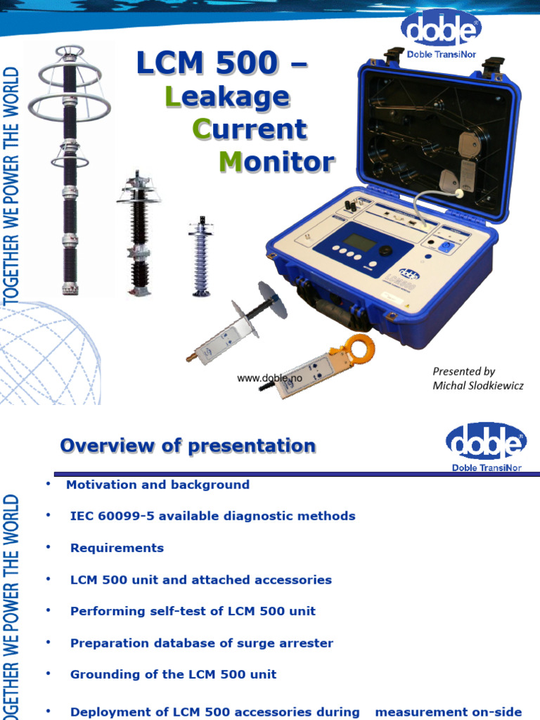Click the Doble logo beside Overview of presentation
tap(486, 444)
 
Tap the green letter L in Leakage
tap(172, 96)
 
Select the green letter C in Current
tap(201, 129)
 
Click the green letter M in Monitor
tap(231, 162)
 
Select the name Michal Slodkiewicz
tap(477, 385)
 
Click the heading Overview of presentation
tap(188, 446)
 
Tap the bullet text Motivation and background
tap(157, 484)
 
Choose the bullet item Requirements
tap(117, 548)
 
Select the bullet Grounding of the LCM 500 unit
tap(173, 674)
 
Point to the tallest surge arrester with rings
tap(69, 169)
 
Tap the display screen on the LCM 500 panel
tap(360, 241)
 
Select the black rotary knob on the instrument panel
tap(385, 250)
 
